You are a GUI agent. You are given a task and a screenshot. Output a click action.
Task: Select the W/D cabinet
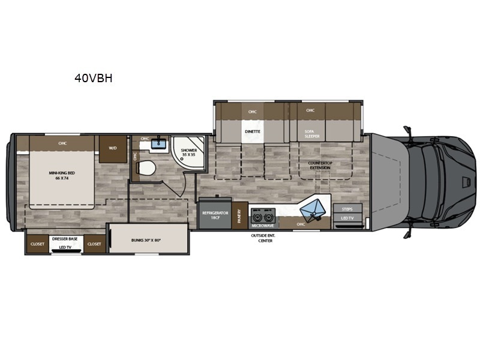[x=112, y=148]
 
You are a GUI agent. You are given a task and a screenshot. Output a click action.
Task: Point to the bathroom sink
[x=159, y=143]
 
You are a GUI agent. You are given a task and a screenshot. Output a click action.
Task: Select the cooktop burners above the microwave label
[x=262, y=213]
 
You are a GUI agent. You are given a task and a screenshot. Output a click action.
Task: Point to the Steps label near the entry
[x=347, y=209]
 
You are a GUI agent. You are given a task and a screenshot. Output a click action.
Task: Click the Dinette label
[x=252, y=130]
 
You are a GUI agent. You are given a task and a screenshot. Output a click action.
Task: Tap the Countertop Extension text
[x=320, y=166]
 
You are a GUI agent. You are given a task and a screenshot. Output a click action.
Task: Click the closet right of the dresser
[x=94, y=244]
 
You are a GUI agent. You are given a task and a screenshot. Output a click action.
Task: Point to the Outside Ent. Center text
[x=262, y=238]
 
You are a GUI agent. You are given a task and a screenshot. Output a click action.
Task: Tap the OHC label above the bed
[x=62, y=143]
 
